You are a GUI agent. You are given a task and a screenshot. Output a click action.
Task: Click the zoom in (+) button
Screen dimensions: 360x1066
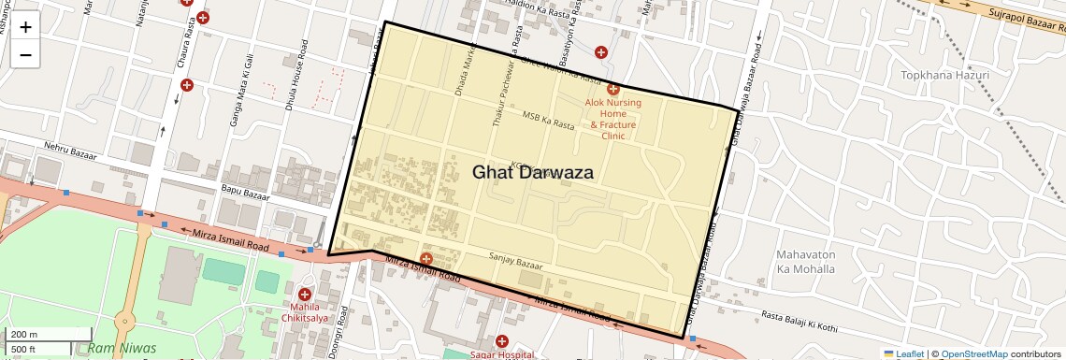[25, 26]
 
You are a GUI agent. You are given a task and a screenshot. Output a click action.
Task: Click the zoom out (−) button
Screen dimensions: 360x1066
[25, 54]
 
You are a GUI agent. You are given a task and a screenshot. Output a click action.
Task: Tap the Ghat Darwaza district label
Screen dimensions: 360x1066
[533, 172]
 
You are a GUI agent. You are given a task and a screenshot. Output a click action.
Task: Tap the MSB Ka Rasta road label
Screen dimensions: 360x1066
[549, 121]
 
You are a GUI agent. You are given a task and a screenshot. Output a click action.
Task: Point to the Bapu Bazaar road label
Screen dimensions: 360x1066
[245, 192]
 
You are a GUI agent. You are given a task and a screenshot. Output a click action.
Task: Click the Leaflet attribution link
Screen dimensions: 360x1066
[904, 353]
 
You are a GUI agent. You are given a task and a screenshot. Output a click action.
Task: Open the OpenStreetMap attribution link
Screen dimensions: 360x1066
[974, 353]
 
